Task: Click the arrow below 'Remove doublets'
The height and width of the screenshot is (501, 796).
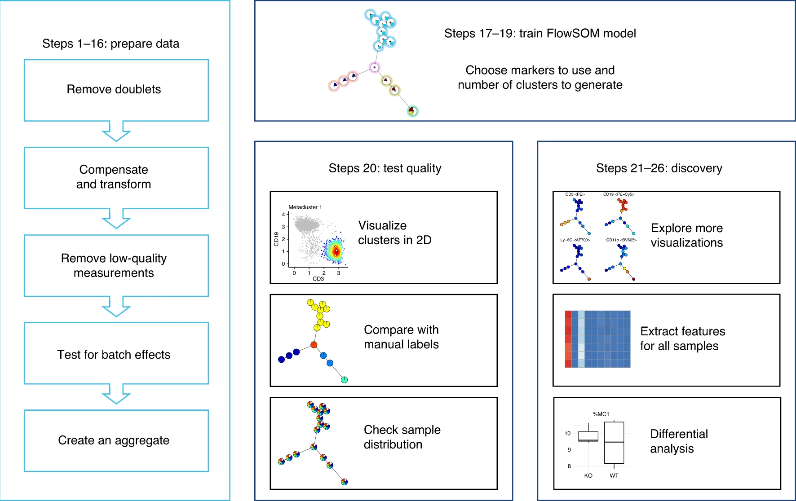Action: click(116, 131)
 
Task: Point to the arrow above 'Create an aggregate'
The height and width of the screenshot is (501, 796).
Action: click(116, 394)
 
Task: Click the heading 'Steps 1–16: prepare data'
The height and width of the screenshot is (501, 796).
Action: click(111, 44)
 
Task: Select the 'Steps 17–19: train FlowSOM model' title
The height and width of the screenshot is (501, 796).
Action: click(540, 33)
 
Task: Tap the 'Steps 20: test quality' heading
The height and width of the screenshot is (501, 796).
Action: click(385, 168)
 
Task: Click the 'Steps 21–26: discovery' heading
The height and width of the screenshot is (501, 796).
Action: click(659, 168)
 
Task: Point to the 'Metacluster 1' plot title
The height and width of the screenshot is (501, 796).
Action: click(305, 207)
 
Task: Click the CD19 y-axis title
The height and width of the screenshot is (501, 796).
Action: click(276, 239)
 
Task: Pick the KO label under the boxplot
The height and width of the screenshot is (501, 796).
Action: click(588, 475)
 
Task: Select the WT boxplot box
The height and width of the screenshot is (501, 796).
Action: click(614, 443)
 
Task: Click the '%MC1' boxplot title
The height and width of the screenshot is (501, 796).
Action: click(601, 414)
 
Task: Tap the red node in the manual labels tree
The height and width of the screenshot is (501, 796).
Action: click(314, 345)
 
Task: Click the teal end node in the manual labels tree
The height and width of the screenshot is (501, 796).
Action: click(345, 380)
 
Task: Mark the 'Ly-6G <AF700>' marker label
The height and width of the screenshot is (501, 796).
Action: click(575, 240)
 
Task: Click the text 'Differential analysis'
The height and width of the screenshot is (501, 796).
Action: click(679, 441)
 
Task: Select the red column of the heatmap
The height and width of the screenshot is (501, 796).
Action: click(568, 339)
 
